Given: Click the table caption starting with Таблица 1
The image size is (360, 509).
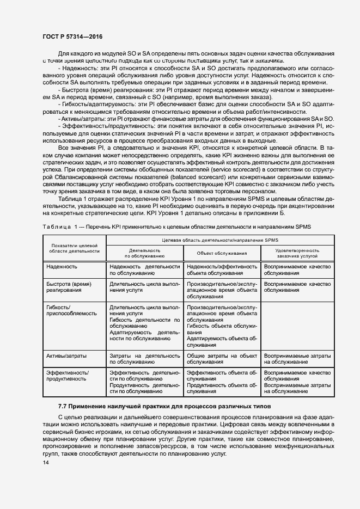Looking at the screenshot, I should [177, 225].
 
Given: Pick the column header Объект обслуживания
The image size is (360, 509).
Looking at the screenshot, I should [222, 253].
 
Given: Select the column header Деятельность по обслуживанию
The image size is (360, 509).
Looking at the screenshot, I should [144, 253].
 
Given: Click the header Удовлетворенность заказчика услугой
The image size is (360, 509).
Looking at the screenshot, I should [298, 253].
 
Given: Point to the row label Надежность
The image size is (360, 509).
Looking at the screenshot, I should [62, 267].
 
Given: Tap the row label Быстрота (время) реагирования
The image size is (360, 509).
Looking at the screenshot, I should [70, 287].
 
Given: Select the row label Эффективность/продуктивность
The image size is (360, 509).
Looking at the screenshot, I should [68, 376].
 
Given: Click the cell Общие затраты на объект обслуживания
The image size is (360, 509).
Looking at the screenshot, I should [222, 358].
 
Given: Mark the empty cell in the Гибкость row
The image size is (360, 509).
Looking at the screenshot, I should [298, 326].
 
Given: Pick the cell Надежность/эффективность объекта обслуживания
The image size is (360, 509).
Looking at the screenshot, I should [222, 270].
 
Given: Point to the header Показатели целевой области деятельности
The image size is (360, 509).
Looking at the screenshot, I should [74, 248].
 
